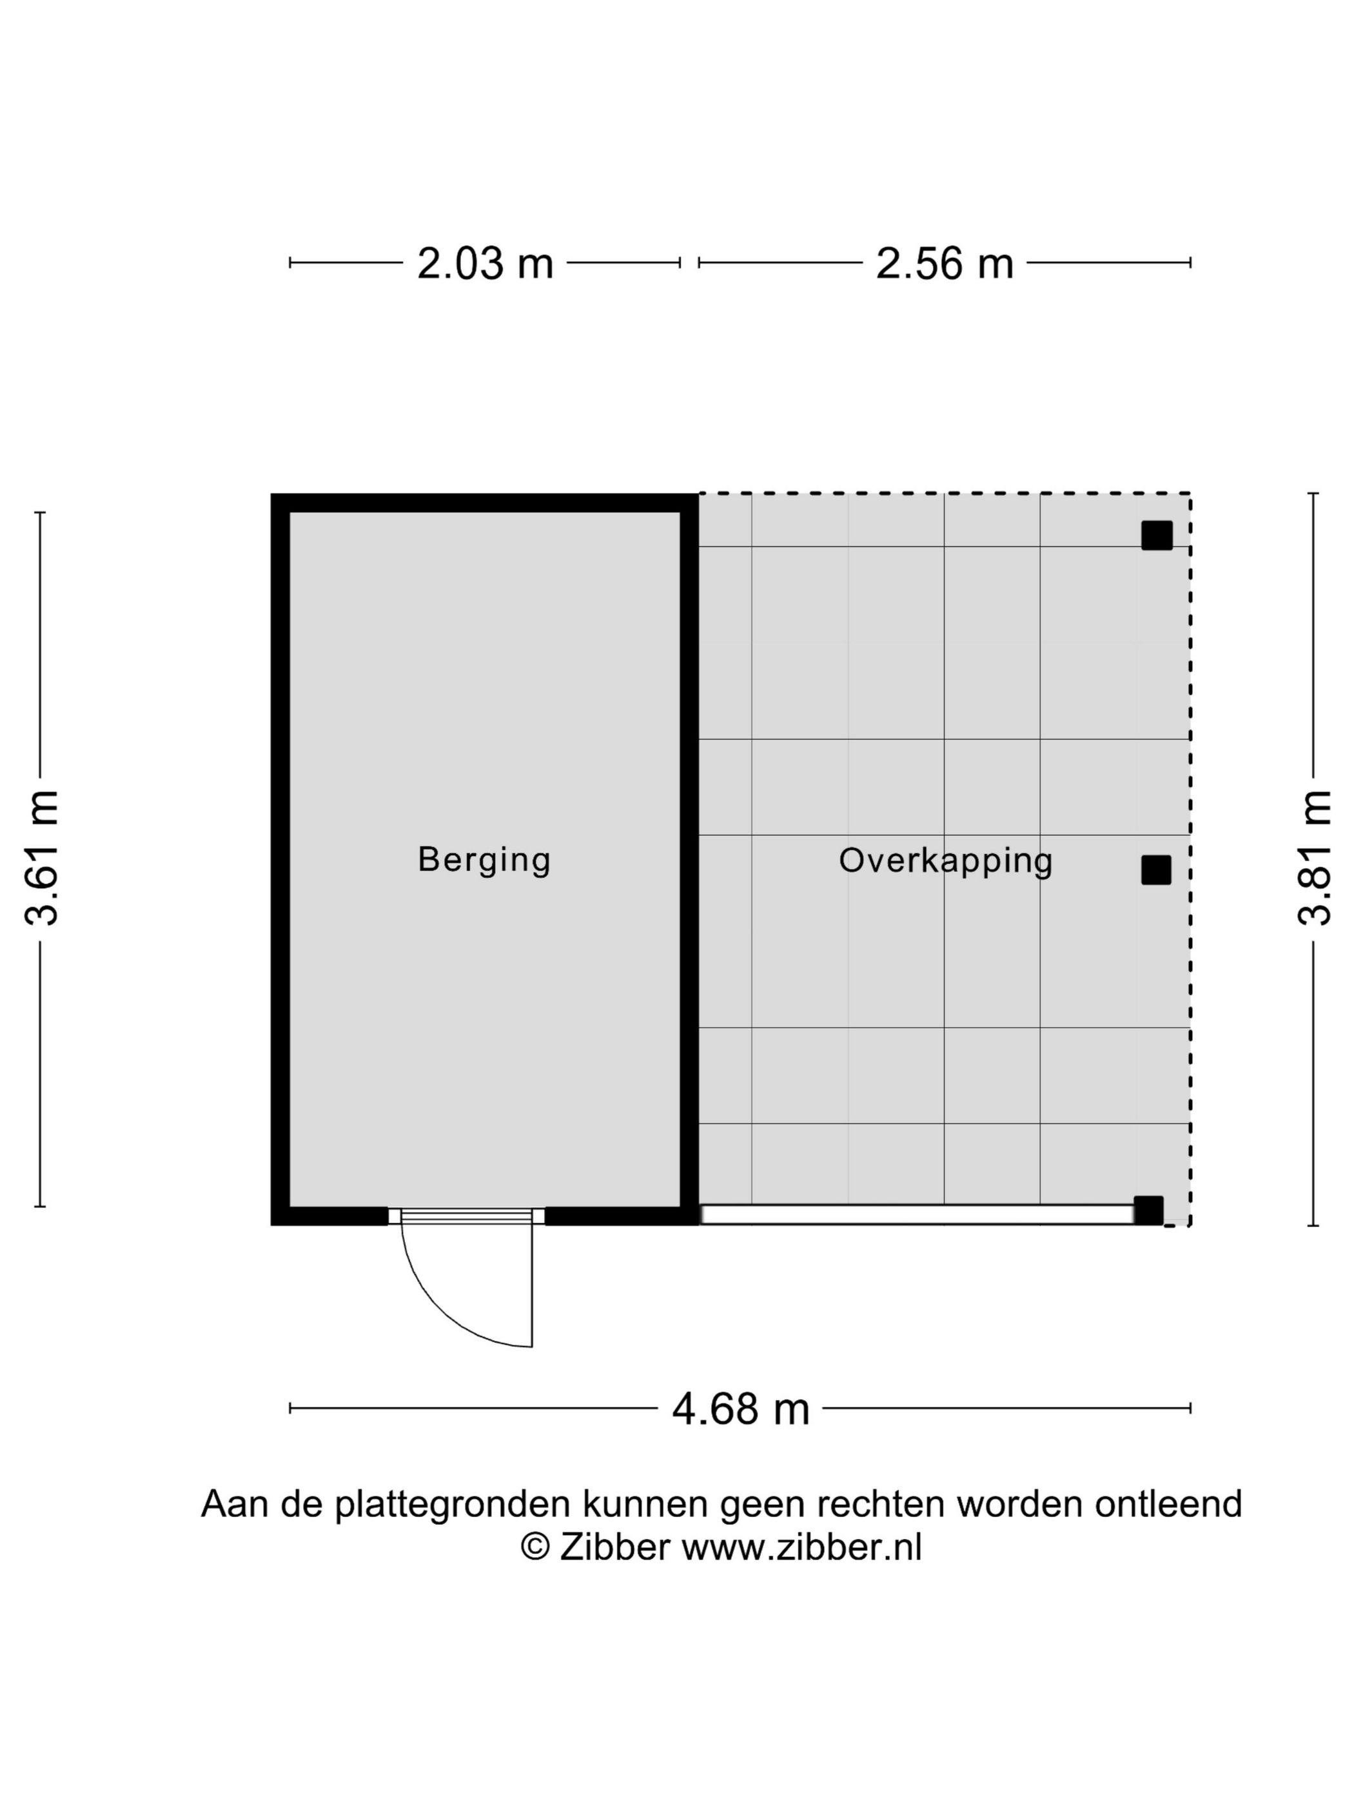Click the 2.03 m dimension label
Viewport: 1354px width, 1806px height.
tap(485, 263)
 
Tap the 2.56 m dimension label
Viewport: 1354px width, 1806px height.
tap(945, 263)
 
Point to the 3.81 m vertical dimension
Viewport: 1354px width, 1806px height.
tap(1314, 857)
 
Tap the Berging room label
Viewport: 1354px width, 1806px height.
tap(484, 860)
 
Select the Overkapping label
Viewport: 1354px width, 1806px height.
tap(945, 860)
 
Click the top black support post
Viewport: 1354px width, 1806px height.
tap(1157, 535)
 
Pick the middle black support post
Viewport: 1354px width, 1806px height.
tap(1155, 870)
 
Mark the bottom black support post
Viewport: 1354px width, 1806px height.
tap(1148, 1211)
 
